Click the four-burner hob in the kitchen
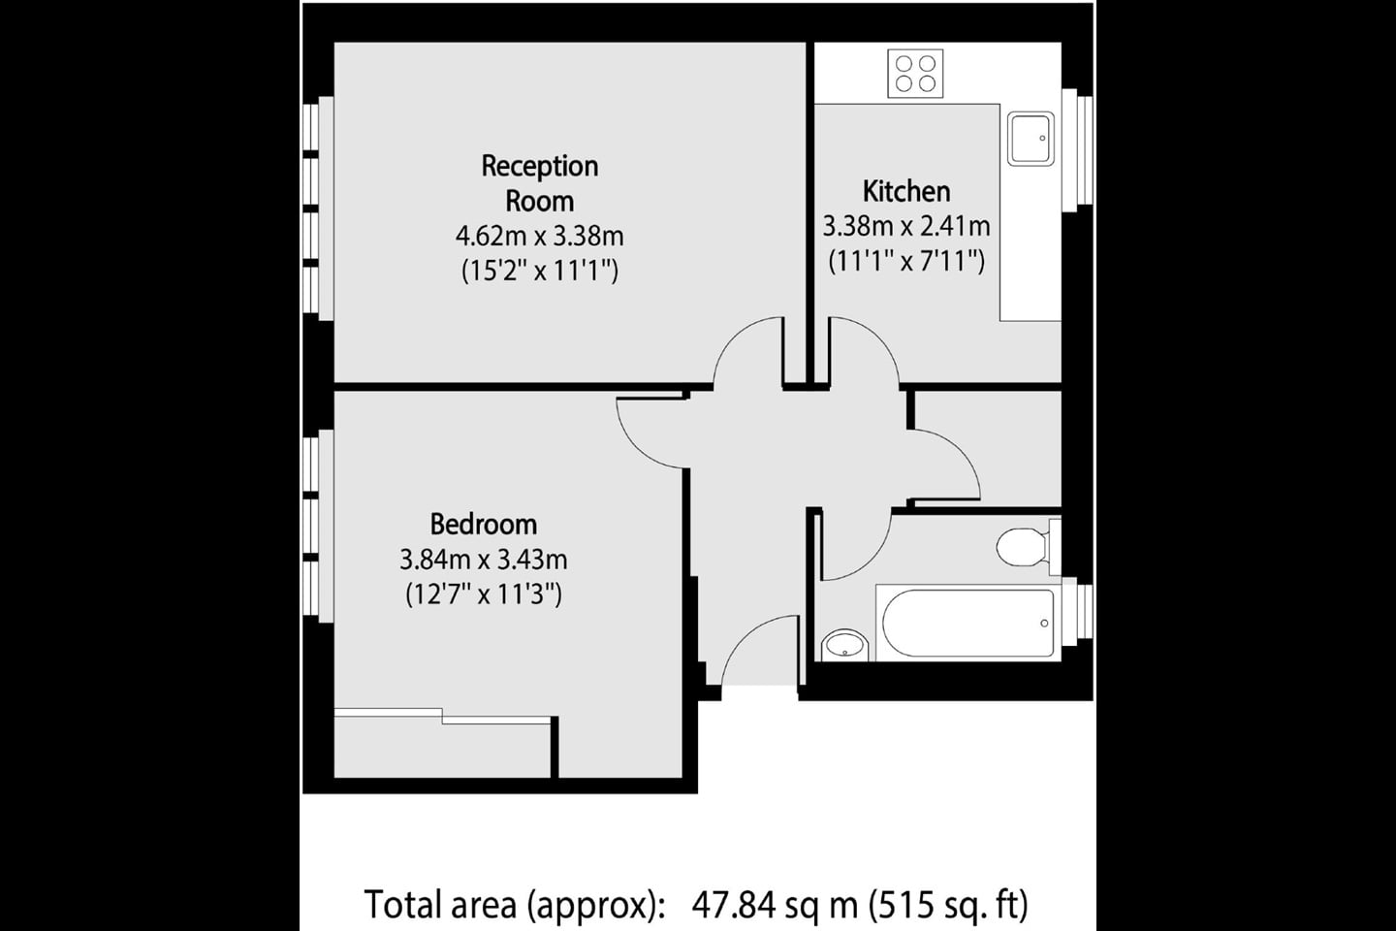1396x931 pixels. click(916, 73)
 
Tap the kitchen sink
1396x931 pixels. click(1031, 139)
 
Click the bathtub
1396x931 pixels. click(967, 623)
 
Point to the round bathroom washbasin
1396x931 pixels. click(845, 644)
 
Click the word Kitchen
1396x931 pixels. click(906, 191)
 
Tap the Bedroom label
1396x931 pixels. click(483, 525)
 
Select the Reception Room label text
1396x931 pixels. click(540, 183)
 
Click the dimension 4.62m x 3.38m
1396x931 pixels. click(540, 236)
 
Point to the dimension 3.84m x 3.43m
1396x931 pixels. click(483, 560)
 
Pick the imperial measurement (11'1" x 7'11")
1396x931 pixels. click(906, 261)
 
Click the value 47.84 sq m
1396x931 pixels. click(775, 905)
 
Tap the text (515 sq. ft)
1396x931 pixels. click(948, 905)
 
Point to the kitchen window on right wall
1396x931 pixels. click(1077, 150)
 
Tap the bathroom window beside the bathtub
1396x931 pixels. click(1077, 615)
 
